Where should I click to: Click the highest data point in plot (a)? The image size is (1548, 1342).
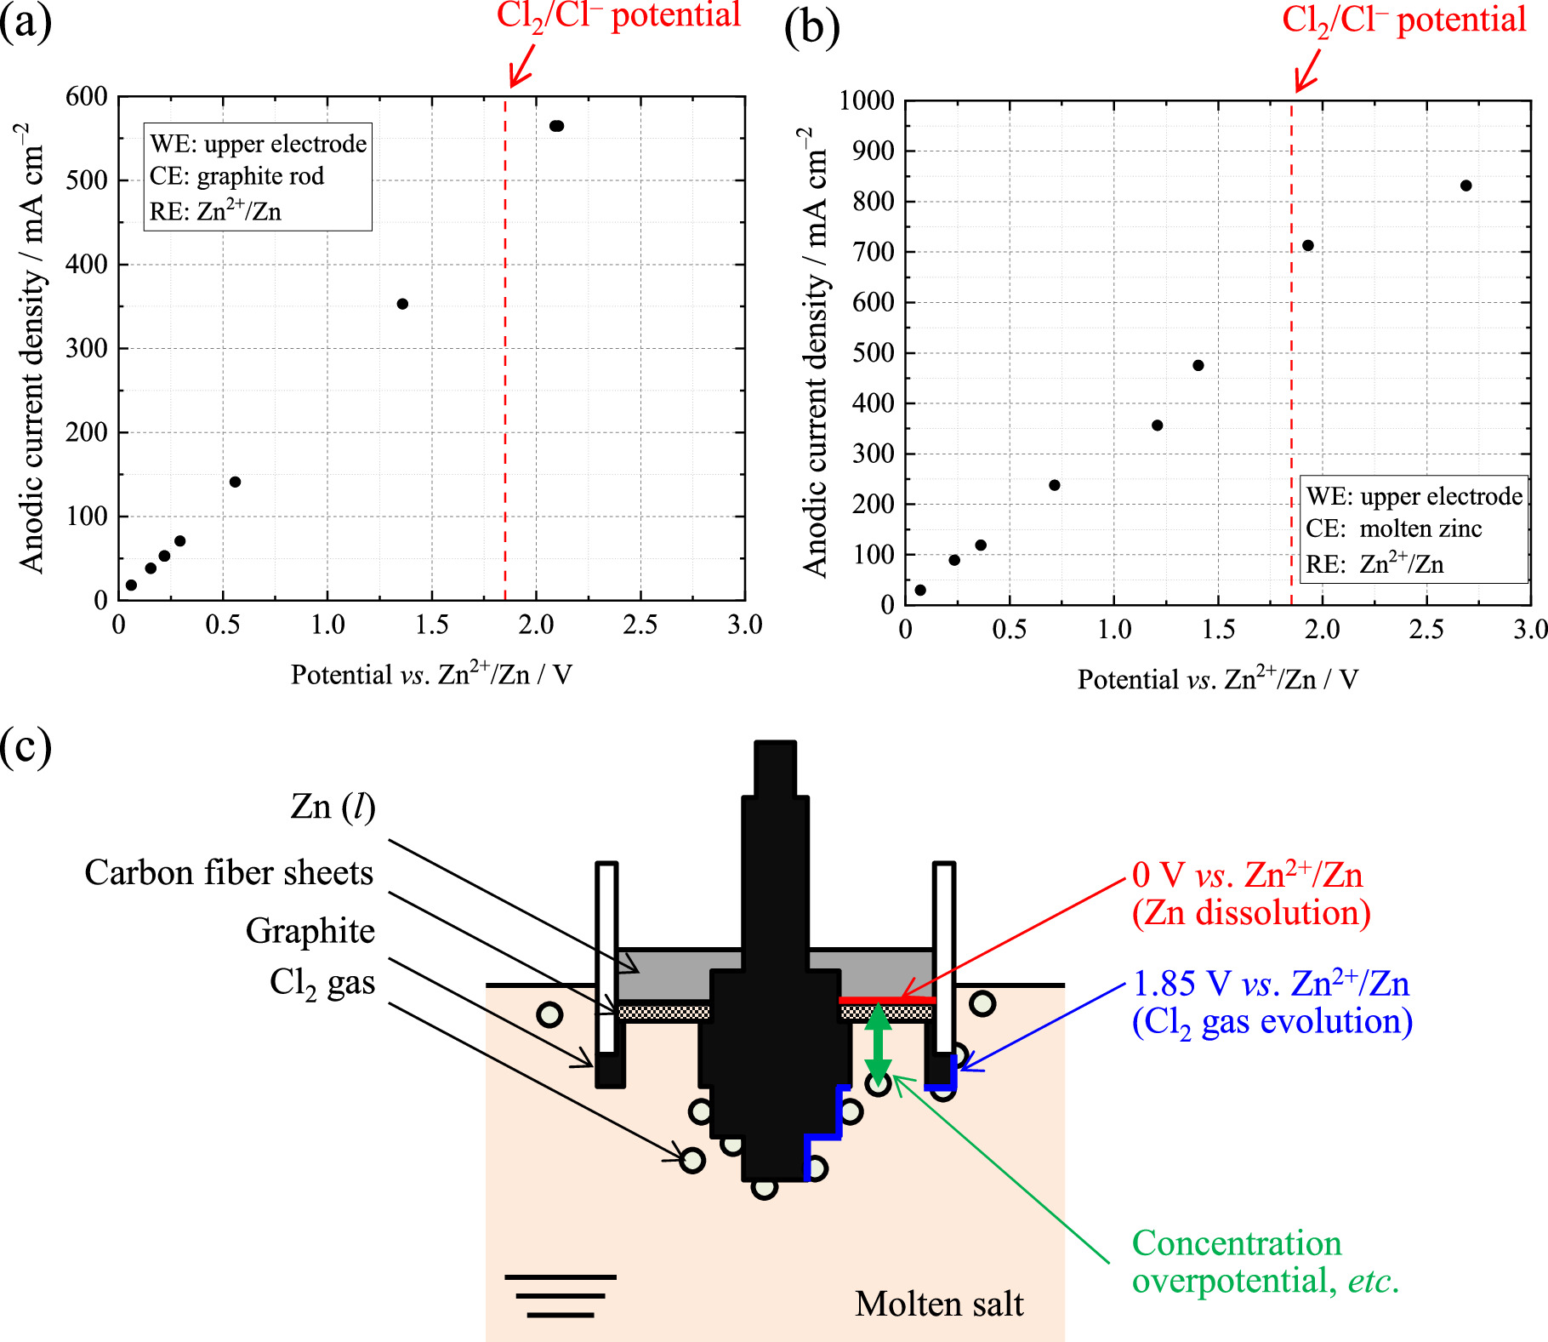point(557,126)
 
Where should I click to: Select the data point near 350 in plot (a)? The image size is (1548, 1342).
point(402,304)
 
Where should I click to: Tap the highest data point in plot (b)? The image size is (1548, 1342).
point(1465,186)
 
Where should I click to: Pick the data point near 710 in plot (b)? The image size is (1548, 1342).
point(1308,245)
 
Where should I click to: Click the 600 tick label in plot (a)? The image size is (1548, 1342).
point(87,96)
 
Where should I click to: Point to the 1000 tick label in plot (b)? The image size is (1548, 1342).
point(866,100)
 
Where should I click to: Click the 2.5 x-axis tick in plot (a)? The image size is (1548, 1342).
point(640,625)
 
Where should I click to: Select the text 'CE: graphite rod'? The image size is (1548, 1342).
point(236,176)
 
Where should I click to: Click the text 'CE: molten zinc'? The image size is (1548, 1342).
point(1393,528)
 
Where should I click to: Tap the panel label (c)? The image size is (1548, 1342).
point(26,746)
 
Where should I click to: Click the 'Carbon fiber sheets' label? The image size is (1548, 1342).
point(229,873)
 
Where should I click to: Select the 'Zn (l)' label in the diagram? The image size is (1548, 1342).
point(333,806)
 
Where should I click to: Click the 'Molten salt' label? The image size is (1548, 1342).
point(939,1304)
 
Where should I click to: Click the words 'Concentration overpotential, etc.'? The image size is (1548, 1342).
point(1264,1262)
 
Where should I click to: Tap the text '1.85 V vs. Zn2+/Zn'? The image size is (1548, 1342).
point(1271,984)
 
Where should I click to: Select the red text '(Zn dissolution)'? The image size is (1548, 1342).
point(1251,913)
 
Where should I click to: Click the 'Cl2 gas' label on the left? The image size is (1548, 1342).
point(322,983)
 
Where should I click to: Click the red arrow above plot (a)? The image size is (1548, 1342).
point(522,65)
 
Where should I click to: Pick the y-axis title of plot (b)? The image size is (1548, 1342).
point(814,353)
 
